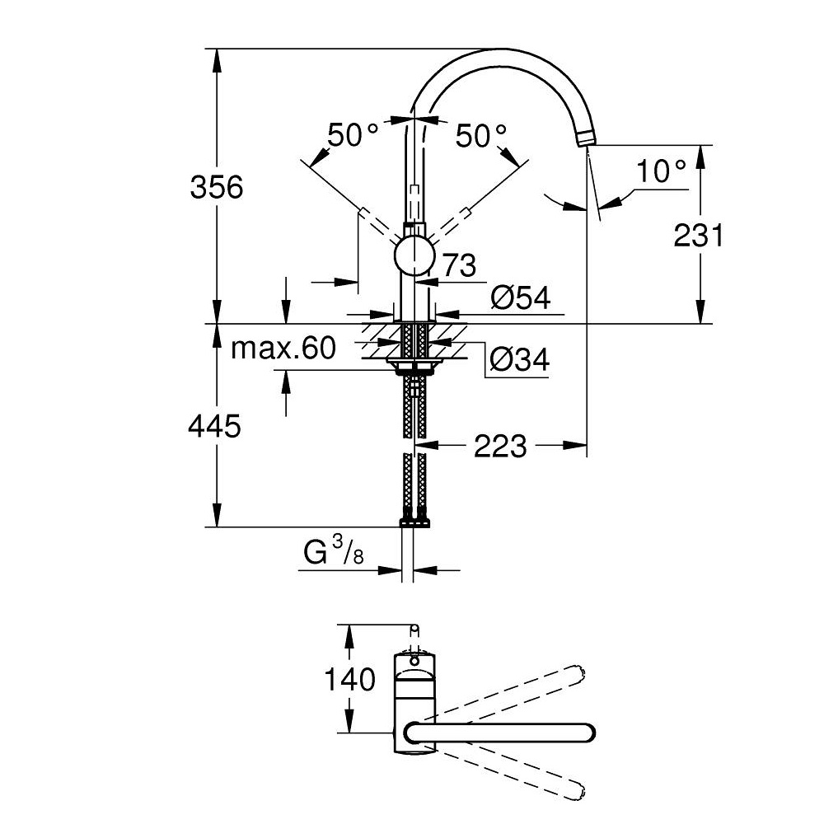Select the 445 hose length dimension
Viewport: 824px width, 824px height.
[x=214, y=426]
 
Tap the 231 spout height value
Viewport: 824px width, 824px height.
[x=699, y=235]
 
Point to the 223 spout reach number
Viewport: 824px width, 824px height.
[x=500, y=446]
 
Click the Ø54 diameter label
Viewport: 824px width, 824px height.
[x=520, y=298]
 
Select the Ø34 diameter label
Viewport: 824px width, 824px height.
[x=520, y=359]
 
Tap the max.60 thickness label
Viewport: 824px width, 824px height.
[x=283, y=348]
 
